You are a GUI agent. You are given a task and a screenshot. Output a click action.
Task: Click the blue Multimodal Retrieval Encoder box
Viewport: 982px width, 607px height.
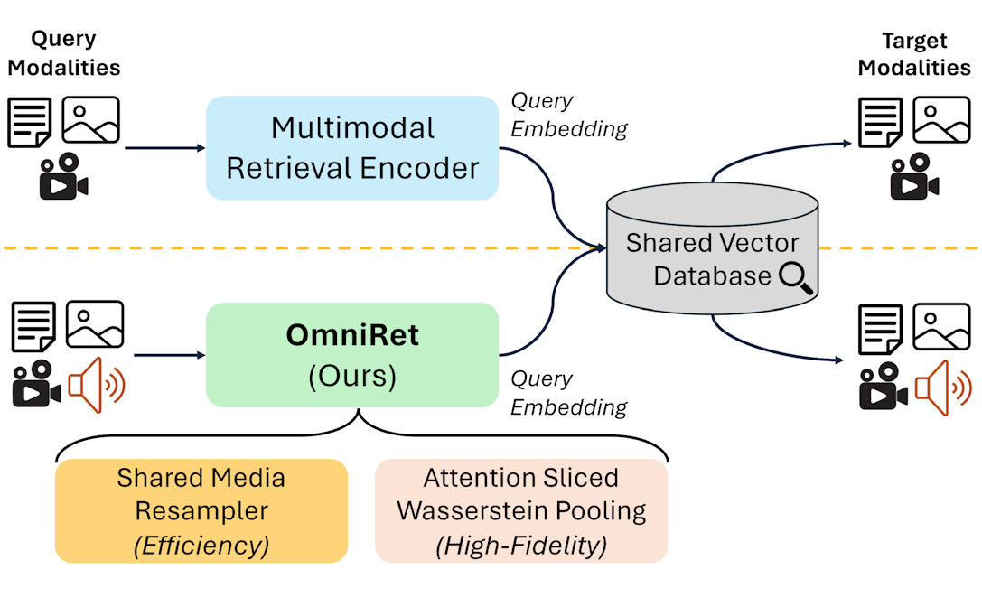coord(352,147)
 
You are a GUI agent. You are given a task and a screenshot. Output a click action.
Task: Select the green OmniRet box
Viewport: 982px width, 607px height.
coord(352,354)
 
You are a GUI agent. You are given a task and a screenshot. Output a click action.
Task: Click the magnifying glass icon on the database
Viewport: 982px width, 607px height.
coord(796,277)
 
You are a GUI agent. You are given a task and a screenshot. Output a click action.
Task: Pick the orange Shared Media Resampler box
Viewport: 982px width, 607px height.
coord(201,511)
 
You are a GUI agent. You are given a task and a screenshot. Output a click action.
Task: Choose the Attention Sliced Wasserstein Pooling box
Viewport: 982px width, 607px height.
coord(521,511)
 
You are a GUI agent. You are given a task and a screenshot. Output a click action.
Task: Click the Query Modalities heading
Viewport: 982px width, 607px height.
coord(64,53)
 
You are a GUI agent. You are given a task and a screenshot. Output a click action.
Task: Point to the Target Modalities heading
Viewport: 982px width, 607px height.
coord(914,54)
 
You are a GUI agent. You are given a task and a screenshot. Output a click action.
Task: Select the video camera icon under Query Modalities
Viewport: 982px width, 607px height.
coord(63,176)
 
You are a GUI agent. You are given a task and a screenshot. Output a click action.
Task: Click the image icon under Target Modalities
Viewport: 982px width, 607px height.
coord(940,120)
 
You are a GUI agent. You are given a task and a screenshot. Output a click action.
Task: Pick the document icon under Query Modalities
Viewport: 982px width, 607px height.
coord(30,122)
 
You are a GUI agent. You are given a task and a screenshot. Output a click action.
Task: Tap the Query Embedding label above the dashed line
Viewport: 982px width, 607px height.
coord(568,115)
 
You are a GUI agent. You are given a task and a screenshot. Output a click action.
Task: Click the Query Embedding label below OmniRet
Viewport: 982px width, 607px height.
coord(568,393)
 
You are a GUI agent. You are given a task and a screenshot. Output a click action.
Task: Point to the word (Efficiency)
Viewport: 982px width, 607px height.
coord(201,545)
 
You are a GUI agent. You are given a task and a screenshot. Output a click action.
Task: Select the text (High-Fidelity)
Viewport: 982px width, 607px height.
coord(521,545)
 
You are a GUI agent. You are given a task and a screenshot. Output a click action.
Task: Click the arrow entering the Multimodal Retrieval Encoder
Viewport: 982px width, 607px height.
coord(163,147)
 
